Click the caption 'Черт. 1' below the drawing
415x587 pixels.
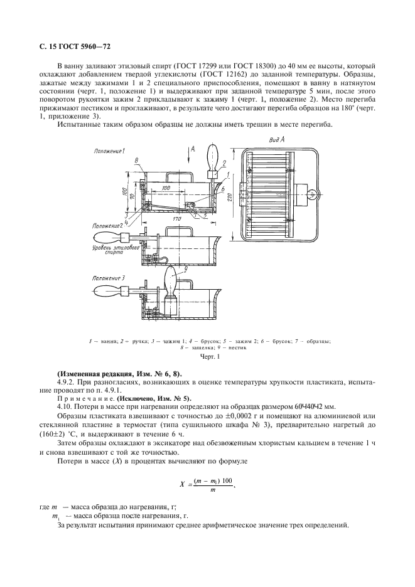pos(207,357)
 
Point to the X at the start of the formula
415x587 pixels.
pos(181,484)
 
